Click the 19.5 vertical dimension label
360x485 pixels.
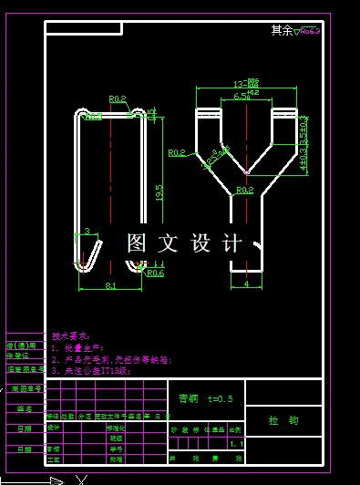point(159,192)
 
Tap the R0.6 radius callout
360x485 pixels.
point(155,273)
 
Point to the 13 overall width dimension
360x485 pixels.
point(246,81)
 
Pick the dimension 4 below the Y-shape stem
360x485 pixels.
point(246,284)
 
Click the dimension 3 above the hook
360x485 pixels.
point(87,232)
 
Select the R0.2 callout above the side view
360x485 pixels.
point(117,99)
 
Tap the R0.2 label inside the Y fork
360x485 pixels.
point(244,190)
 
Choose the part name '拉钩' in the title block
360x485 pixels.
point(283,421)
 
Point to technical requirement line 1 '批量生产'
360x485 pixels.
point(79,347)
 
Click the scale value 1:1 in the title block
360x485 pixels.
point(237,443)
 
